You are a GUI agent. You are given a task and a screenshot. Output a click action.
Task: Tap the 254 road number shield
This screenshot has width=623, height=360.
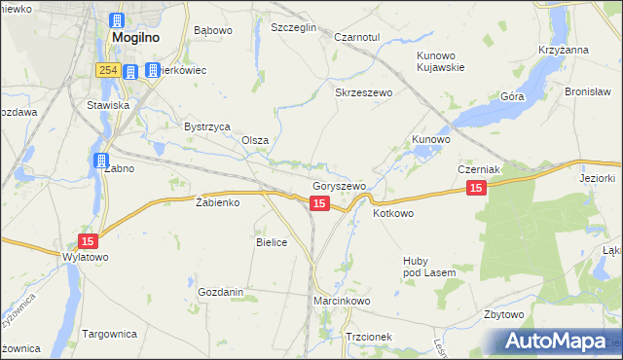pos(107,71)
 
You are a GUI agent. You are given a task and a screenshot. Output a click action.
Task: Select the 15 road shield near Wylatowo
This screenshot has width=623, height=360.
pos(89,241)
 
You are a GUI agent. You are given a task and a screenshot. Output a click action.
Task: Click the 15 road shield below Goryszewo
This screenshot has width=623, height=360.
pos(319,202)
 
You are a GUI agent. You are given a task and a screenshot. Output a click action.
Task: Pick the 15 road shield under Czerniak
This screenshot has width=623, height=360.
pos(475,188)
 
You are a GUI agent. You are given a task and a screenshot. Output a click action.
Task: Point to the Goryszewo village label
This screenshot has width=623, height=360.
pos(339,186)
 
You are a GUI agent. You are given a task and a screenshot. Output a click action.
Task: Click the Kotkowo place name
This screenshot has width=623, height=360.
pos(393,213)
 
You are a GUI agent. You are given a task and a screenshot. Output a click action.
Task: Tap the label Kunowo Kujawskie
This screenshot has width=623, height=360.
pos(441,62)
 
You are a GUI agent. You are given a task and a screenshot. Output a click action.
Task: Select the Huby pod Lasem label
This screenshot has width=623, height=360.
pos(429,267)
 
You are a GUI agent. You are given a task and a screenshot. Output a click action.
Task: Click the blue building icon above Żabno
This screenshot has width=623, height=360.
pos(101,162)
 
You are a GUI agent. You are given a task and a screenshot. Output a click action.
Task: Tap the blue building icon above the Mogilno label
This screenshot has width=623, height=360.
pos(118,20)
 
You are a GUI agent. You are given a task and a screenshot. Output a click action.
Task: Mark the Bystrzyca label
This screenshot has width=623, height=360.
pos(206,126)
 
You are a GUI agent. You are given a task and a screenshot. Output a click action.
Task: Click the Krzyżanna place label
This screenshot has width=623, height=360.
pos(563,50)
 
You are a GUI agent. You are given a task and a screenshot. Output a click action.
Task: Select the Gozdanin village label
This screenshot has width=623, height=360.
pos(220,292)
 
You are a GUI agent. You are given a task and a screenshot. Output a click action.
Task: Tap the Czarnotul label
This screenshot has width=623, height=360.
pos(355,37)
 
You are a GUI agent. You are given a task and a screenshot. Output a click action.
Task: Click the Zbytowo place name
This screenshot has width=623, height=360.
pos(504,315)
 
